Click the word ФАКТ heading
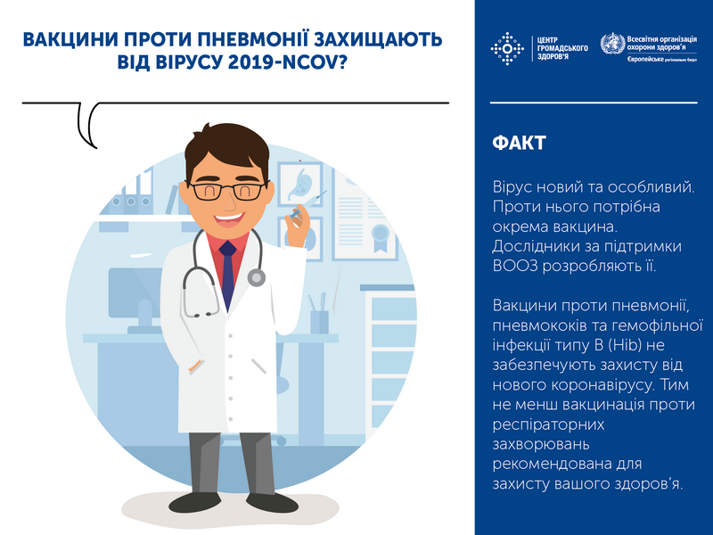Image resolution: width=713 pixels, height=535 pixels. (x=519, y=143)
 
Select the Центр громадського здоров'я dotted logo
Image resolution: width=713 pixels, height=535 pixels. (x=507, y=48)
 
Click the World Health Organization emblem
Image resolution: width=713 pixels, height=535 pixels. (x=612, y=44)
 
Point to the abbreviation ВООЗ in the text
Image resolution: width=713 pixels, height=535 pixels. (x=515, y=266)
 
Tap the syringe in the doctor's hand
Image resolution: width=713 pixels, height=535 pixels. (x=308, y=205)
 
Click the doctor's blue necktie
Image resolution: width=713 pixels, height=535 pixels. (x=227, y=273)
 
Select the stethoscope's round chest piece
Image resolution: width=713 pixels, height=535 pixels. (x=257, y=276)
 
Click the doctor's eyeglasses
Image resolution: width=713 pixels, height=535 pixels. (x=227, y=191)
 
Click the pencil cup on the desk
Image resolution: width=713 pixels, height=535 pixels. (x=319, y=322)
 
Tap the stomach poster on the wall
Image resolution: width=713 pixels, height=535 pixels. (x=300, y=185)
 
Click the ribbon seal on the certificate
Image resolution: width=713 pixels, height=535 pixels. (x=380, y=237)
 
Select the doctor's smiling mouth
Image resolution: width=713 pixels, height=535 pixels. (x=229, y=219)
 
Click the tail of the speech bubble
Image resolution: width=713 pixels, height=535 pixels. (x=87, y=125)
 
